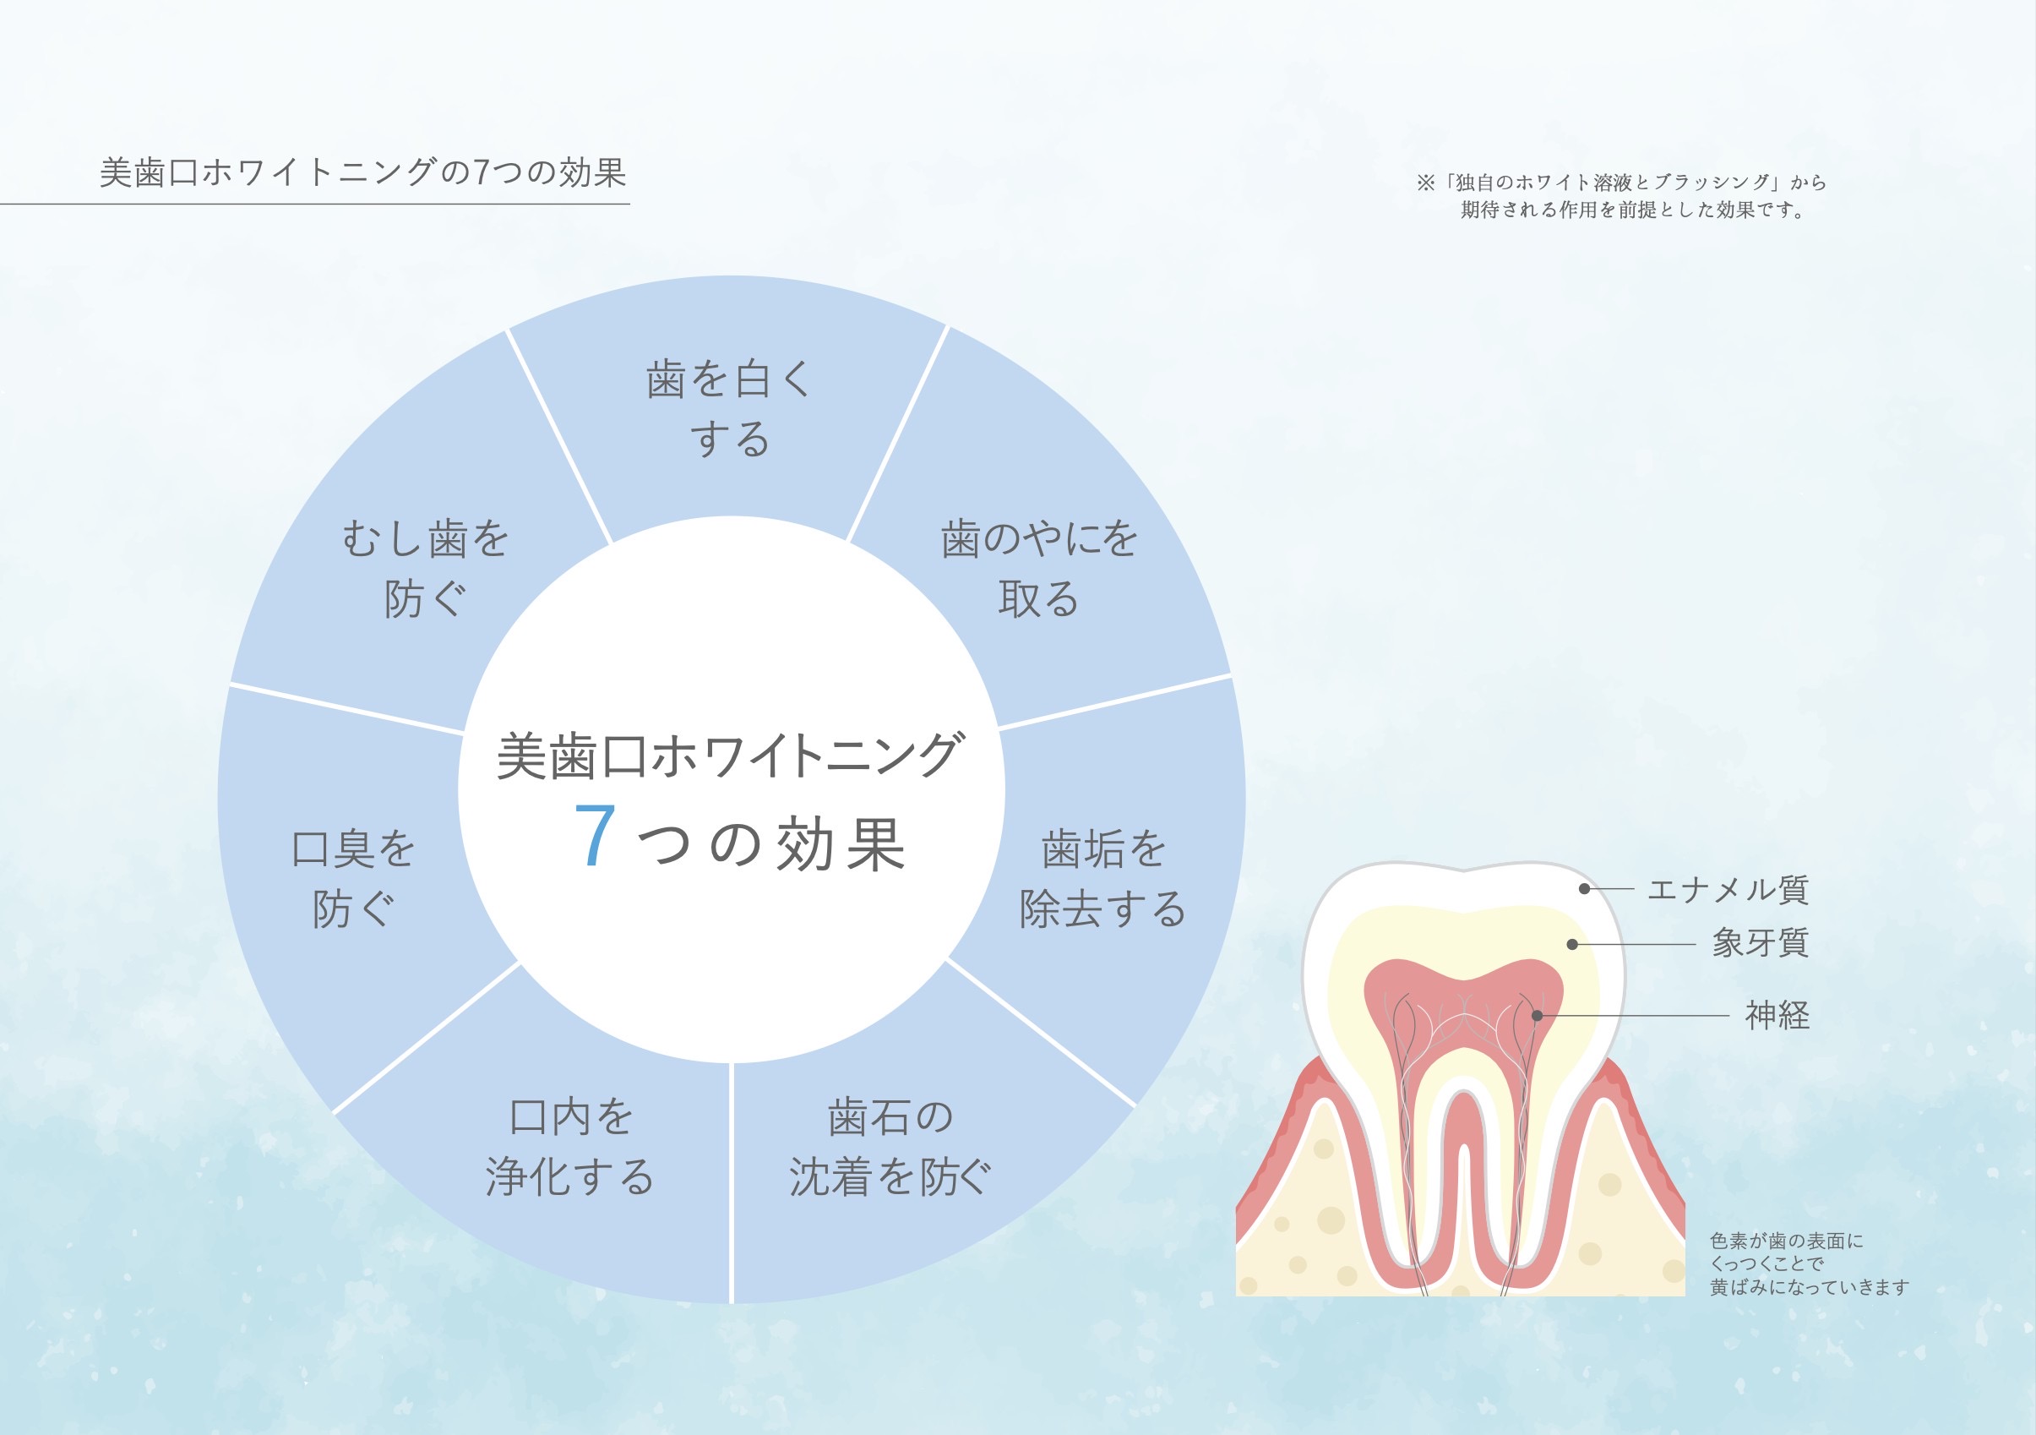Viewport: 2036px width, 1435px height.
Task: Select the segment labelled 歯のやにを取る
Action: click(x=1038, y=568)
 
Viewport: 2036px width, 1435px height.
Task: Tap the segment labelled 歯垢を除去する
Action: click(x=1102, y=878)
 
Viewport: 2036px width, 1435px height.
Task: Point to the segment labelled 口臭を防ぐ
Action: click(x=353, y=878)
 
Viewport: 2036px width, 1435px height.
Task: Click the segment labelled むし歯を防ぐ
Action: click(x=426, y=568)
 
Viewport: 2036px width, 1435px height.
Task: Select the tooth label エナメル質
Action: click(x=1728, y=889)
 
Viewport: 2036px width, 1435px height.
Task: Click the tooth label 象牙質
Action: click(x=1761, y=943)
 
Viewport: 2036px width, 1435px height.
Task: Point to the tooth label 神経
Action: click(x=1777, y=1015)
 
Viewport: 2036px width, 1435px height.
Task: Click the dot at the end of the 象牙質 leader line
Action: click(x=1572, y=945)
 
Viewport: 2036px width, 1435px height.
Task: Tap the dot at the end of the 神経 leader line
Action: click(x=1537, y=1016)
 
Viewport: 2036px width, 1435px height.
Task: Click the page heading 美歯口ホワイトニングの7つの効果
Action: click(x=362, y=172)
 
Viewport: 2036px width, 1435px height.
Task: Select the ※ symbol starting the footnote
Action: click(x=1425, y=183)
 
